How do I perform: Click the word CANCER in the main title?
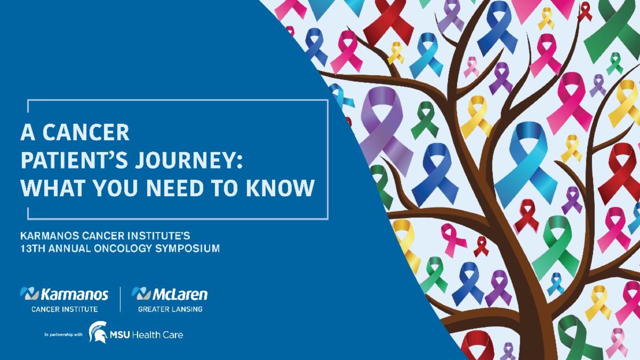[86, 132]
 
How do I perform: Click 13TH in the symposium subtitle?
[33, 249]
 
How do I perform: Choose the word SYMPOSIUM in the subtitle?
[188, 249]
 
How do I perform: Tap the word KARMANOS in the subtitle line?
[50, 236]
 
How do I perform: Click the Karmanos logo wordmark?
[75, 294]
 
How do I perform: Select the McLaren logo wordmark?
[180, 294]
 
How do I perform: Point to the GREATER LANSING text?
[170, 309]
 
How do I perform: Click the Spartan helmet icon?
[98, 332]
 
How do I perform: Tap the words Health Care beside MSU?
[158, 334]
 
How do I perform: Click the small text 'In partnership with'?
[63, 334]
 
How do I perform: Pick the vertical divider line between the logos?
[121, 299]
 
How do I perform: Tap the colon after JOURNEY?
[239, 161]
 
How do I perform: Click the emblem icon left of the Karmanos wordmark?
[29, 293]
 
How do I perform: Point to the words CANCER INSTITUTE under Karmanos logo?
[65, 309]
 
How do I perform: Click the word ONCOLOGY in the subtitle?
[123, 249]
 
